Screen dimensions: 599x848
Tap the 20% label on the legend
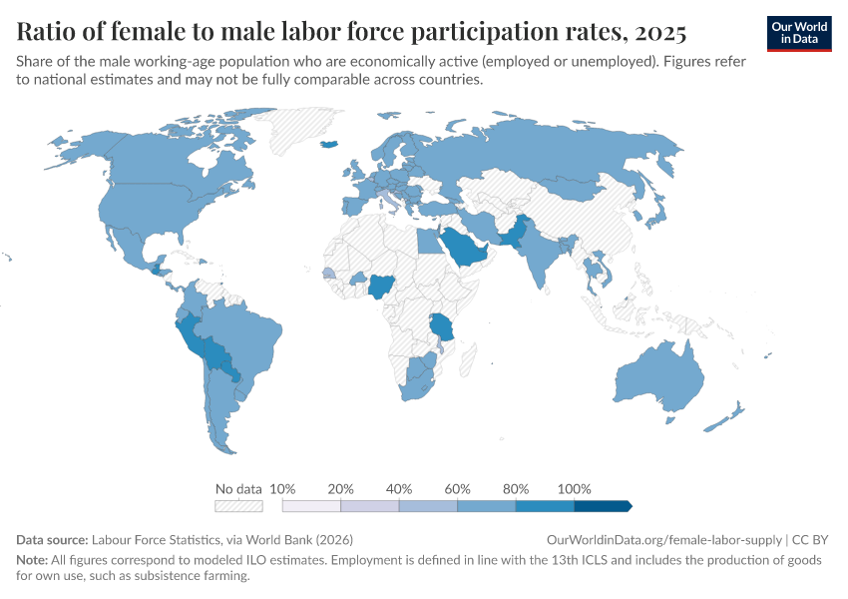point(341,489)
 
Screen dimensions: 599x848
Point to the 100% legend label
point(574,489)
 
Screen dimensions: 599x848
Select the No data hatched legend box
point(238,505)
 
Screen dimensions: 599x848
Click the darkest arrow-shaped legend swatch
point(603,505)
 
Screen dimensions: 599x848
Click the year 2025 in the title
point(658,32)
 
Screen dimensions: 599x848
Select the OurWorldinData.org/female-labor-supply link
point(662,539)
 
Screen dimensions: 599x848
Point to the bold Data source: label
point(53,539)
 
